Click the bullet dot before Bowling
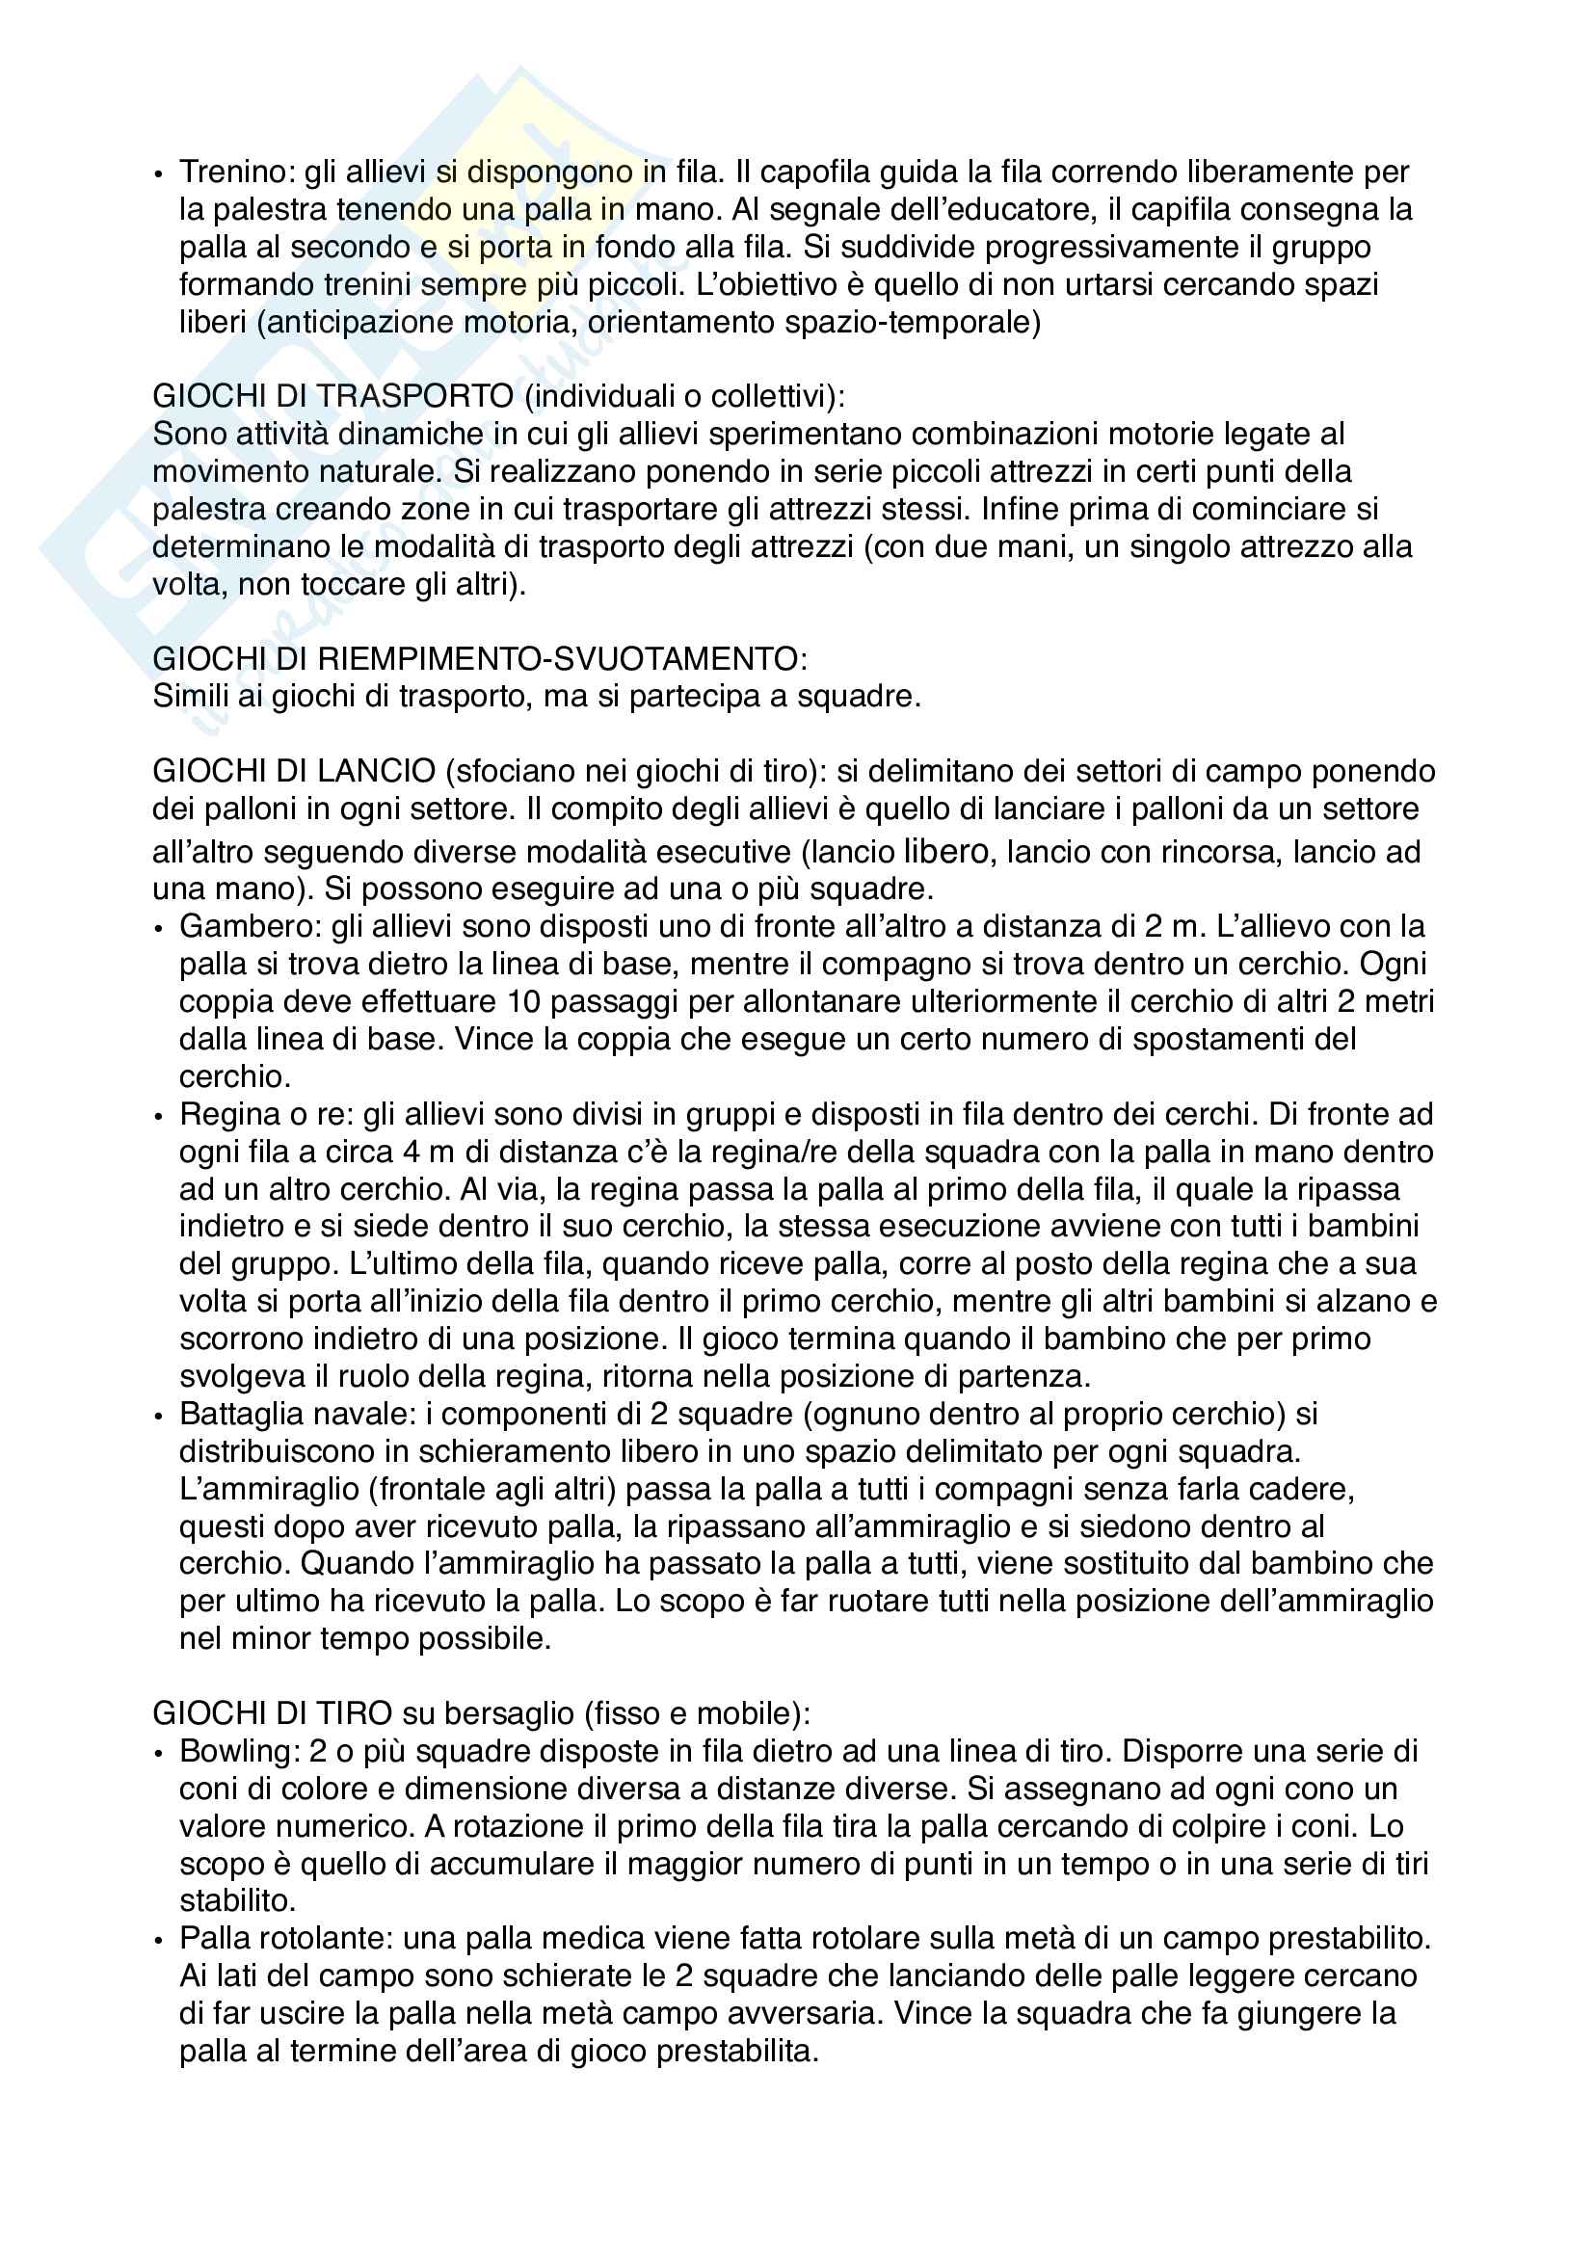160,1752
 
